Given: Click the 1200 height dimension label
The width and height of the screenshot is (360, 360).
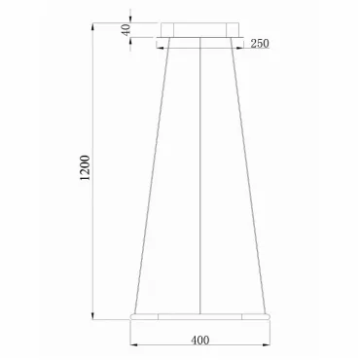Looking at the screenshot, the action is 85,168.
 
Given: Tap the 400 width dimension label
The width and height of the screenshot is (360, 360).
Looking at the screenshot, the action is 200,341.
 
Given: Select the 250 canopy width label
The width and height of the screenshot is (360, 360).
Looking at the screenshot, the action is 260,43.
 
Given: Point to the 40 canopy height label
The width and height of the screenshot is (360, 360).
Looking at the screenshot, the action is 126,29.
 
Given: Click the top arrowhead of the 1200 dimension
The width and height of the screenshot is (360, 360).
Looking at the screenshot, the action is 93,27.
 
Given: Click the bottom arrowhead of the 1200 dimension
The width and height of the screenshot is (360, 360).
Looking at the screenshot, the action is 93,315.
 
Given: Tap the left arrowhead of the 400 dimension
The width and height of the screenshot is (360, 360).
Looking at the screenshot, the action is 134,345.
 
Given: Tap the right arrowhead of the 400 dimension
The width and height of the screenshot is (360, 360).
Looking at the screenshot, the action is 266,345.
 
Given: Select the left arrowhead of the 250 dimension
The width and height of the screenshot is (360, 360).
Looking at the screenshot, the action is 161,49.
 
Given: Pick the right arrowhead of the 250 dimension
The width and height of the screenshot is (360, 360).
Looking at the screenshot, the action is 239,49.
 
